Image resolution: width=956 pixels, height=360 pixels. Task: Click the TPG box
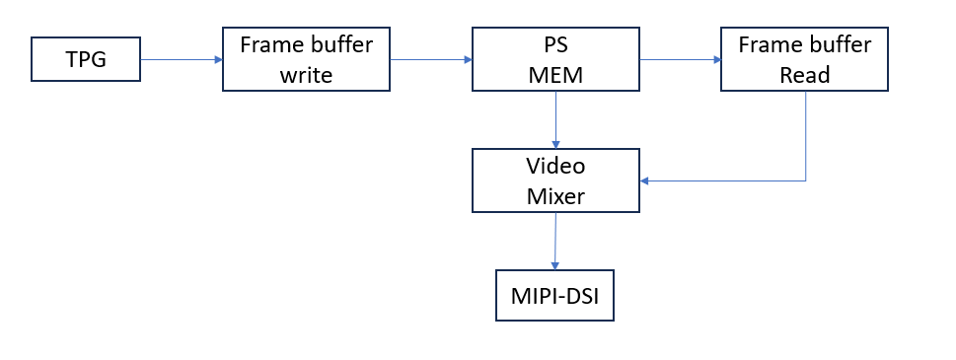[85, 60]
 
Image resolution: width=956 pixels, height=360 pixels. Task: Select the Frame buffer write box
[307, 59]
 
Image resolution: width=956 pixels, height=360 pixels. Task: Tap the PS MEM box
[556, 59]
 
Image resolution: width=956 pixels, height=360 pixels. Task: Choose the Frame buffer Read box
[805, 59]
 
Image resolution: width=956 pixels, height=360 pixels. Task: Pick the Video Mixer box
[556, 180]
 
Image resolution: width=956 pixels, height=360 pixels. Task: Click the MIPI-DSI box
[554, 295]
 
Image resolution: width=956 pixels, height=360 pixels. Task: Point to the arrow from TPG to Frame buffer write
[182, 59]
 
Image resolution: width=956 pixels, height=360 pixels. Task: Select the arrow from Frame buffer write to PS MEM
[431, 59]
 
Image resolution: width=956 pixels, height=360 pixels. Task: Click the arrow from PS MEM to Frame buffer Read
[681, 59]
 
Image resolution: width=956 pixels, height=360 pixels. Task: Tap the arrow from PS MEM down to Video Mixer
[556, 119]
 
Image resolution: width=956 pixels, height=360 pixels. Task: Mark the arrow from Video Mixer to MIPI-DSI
[555, 240]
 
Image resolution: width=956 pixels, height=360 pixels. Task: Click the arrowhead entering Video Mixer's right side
[646, 180]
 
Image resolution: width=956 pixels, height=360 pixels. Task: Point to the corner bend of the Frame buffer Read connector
[806, 180]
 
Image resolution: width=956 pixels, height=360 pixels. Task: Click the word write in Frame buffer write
[307, 74]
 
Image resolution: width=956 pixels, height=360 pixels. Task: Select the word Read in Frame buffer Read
[805, 74]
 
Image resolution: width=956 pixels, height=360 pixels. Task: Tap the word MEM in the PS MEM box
[556, 74]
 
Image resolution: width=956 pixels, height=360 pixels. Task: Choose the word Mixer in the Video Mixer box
[556, 195]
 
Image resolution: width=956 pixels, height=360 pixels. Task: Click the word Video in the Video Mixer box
[556, 166]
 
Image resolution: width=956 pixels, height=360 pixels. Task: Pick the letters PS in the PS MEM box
[556, 45]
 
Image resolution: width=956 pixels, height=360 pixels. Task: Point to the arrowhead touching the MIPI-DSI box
[554, 265]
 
